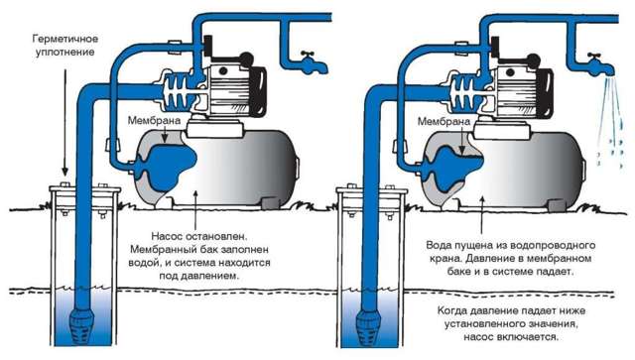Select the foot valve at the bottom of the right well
[x=368, y=319]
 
